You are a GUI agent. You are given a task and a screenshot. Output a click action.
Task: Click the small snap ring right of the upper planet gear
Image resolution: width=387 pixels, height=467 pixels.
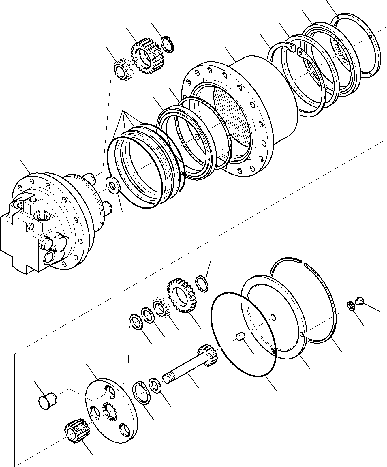coord(167,44)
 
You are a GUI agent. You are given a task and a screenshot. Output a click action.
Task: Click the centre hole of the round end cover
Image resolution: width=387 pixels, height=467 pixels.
coord(273,318)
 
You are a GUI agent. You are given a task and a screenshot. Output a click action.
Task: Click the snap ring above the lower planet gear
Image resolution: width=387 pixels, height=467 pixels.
coord(202,284)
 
